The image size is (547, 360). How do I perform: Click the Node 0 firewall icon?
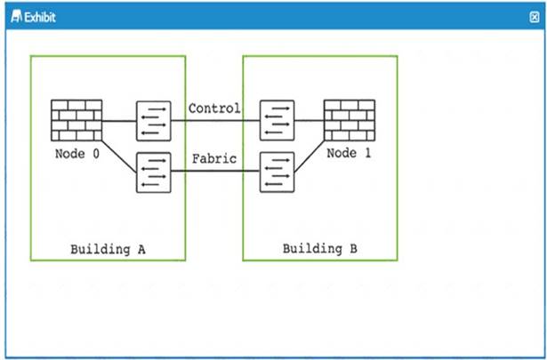click(x=76, y=120)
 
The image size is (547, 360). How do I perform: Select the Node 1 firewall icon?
click(x=350, y=120)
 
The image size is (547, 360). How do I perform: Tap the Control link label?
click(x=214, y=108)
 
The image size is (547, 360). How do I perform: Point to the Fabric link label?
click(x=214, y=159)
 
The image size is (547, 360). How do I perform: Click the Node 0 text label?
click(x=77, y=154)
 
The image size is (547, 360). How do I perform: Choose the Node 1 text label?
click(x=349, y=153)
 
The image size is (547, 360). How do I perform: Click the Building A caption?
click(x=108, y=250)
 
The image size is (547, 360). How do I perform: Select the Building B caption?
click(x=320, y=249)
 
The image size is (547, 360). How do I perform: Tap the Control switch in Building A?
click(x=154, y=121)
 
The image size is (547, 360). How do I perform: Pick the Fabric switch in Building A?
click(x=154, y=172)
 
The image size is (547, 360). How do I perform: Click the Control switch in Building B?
click(x=277, y=120)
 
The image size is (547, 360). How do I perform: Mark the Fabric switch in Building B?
click(x=277, y=172)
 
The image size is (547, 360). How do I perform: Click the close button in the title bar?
click(x=534, y=17)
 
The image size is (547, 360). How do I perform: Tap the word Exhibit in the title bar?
click(x=40, y=17)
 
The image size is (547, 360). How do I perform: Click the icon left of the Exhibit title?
click(x=16, y=16)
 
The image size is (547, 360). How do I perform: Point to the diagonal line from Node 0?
click(x=119, y=156)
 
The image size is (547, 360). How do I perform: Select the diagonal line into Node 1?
click(x=310, y=156)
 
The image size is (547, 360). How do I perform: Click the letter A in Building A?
click(x=141, y=249)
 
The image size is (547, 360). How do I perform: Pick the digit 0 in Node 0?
click(x=95, y=154)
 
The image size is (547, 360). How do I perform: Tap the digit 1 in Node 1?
click(x=367, y=153)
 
